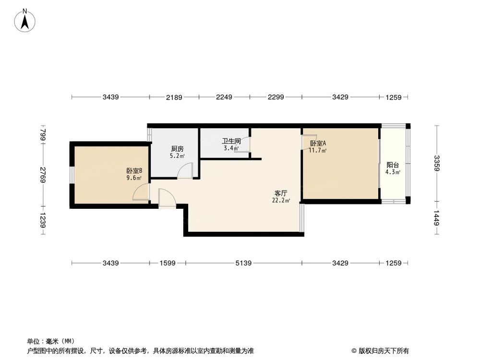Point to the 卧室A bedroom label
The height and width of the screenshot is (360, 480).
(318, 143)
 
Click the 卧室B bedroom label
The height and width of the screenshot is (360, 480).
(134, 170)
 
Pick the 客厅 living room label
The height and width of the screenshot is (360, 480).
(281, 193)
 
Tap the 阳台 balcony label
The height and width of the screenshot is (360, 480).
(392, 164)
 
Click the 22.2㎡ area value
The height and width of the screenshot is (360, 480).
(281, 201)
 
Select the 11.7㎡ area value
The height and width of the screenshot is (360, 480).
(318, 151)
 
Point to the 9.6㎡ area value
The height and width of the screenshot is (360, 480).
(134, 178)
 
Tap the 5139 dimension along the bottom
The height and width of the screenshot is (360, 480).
(243, 263)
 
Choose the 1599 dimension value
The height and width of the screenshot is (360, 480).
(167, 263)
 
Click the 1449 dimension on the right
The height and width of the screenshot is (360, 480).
(436, 219)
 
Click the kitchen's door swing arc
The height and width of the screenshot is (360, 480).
(185, 170)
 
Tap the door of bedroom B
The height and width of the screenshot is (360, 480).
(141, 192)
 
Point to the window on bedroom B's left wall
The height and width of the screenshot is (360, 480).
(72, 175)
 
